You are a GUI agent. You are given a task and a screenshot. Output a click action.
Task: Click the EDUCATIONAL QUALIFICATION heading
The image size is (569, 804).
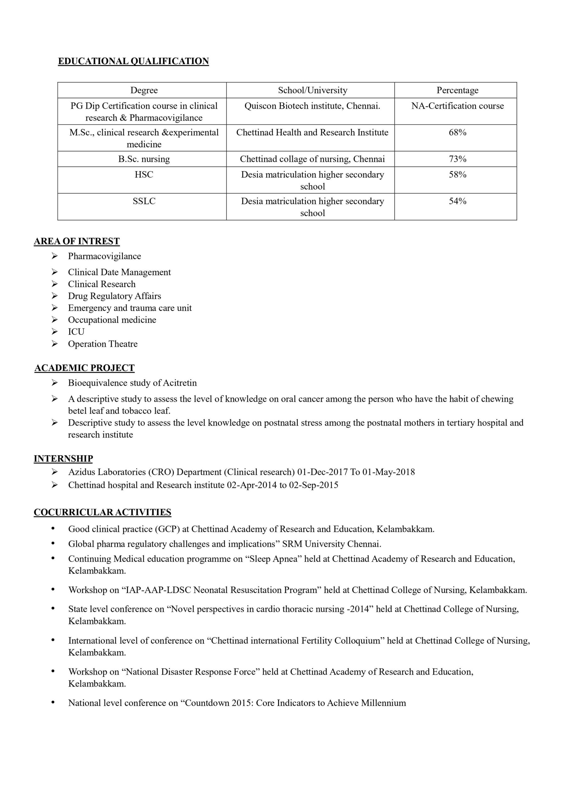tap(133, 61)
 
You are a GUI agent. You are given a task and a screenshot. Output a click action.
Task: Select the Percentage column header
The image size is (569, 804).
tap(457, 90)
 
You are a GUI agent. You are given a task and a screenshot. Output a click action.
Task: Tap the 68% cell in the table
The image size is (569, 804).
tap(457, 133)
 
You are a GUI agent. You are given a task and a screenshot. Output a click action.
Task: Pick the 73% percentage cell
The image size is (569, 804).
tap(457, 159)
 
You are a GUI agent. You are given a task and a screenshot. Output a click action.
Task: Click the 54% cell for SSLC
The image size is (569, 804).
tap(457, 201)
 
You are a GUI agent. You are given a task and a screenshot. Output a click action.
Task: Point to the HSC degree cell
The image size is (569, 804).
tap(144, 175)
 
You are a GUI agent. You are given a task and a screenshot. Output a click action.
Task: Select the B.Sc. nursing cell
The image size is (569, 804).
tap(144, 159)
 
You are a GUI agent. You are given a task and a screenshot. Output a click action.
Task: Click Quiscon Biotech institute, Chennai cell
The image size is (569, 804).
tap(312, 106)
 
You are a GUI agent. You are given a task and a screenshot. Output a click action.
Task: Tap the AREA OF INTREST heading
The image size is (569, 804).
tap(77, 241)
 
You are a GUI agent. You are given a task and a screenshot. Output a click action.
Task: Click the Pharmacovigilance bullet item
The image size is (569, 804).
tap(104, 256)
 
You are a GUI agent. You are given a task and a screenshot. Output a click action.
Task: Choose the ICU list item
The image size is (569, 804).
tap(76, 332)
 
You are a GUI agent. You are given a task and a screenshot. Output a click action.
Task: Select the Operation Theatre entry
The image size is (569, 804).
tap(103, 344)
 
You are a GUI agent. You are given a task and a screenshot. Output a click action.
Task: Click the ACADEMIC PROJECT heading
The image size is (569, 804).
tap(85, 368)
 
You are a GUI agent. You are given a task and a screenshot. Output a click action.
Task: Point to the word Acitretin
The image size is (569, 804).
tap(180, 383)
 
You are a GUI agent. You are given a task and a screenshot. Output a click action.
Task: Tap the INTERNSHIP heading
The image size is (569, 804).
tap(63, 459)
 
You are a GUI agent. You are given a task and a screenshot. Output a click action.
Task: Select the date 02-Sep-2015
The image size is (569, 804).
tap(314, 485)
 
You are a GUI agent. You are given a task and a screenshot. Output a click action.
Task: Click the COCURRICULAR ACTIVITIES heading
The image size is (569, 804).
tap(102, 512)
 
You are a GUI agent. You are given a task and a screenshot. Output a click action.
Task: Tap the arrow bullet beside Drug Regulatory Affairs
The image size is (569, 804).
tap(55, 296)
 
